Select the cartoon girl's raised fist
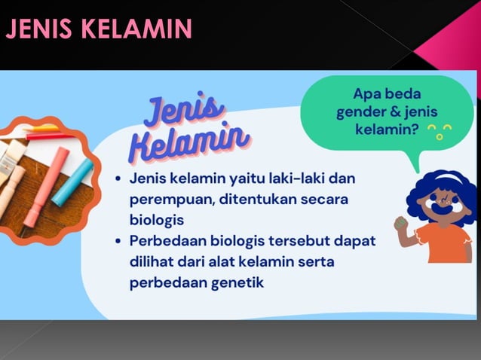click(x=401, y=224)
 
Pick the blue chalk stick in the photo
click(x=73, y=182)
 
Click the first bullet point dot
click(x=119, y=180)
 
